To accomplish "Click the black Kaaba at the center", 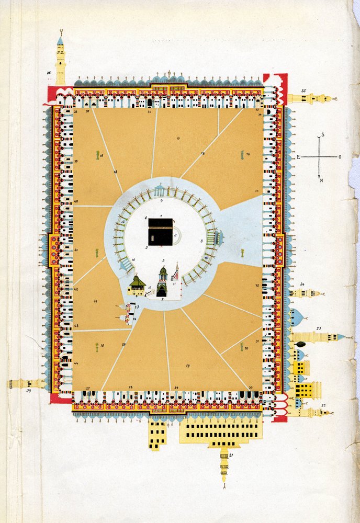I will click(x=160, y=231).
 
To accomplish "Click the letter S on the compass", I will click(x=322, y=135).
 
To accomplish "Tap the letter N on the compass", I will click(x=321, y=180).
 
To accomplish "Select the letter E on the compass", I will click(x=299, y=157).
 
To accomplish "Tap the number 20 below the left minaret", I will click(x=28, y=391).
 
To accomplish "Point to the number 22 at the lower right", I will click(x=323, y=405).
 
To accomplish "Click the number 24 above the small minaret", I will click(x=302, y=285).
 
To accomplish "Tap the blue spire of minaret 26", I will click(x=60, y=41).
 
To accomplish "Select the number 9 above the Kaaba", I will click(x=162, y=200).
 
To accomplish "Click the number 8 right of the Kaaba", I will click(x=201, y=241).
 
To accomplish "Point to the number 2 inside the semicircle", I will click(x=176, y=235).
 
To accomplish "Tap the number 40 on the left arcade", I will click(x=76, y=201).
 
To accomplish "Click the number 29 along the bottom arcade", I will click(x=176, y=387).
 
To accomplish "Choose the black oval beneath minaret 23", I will click(x=300, y=344).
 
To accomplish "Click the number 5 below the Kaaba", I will click(x=164, y=260).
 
